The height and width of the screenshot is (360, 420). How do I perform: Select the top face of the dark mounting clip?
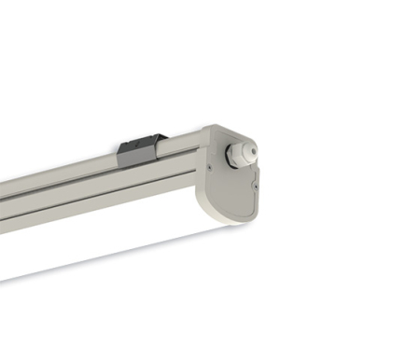[144, 140]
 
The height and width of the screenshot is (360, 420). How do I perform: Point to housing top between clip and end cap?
[187, 139]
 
